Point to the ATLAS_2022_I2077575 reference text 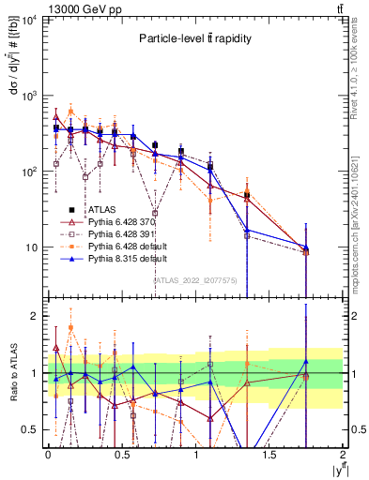point(195,279)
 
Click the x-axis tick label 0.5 point(122,454)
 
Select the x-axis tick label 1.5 point(269,454)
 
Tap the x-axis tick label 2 point(343,454)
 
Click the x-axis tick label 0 point(48,454)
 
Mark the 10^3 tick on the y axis point(29,96)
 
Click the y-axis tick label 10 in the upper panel point(31,247)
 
